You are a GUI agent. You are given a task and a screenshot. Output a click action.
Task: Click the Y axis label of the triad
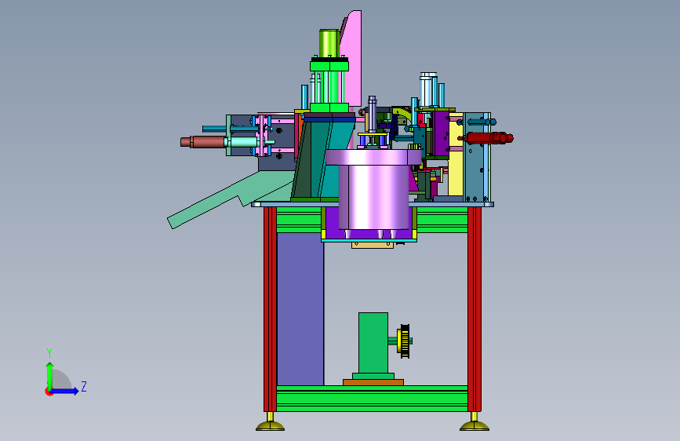pyautogui.click(x=49, y=353)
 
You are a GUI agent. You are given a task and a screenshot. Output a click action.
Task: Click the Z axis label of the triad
pyautogui.click(x=84, y=386)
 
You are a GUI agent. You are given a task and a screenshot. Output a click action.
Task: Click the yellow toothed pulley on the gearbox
pyautogui.click(x=405, y=341)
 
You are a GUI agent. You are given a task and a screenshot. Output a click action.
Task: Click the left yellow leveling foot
pyautogui.click(x=270, y=423)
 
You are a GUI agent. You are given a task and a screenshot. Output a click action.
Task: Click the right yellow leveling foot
pyautogui.click(x=475, y=423)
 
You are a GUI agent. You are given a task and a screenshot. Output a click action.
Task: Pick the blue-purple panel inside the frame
pyautogui.click(x=300, y=309)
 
